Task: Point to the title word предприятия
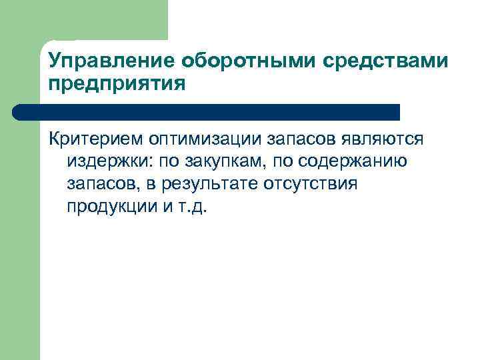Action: point(115,85)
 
